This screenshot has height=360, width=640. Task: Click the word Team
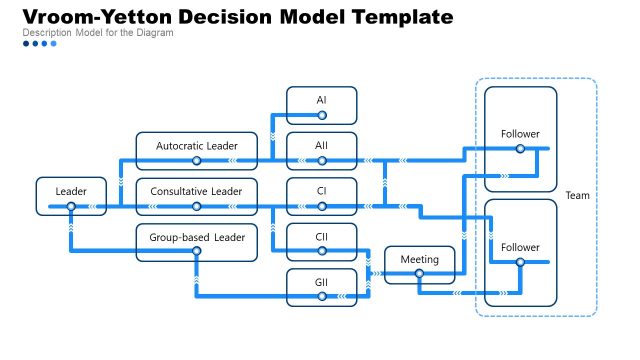tap(577, 196)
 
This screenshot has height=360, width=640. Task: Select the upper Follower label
tap(520, 133)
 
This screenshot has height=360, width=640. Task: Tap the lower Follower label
tap(520, 247)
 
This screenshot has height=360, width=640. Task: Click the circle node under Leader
tap(71, 207)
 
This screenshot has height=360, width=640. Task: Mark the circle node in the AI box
tap(321, 116)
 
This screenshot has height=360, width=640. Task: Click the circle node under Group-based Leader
tap(197, 252)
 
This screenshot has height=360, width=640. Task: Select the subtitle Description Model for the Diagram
tap(97, 33)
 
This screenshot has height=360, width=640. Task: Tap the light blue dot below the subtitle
tap(54, 44)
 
